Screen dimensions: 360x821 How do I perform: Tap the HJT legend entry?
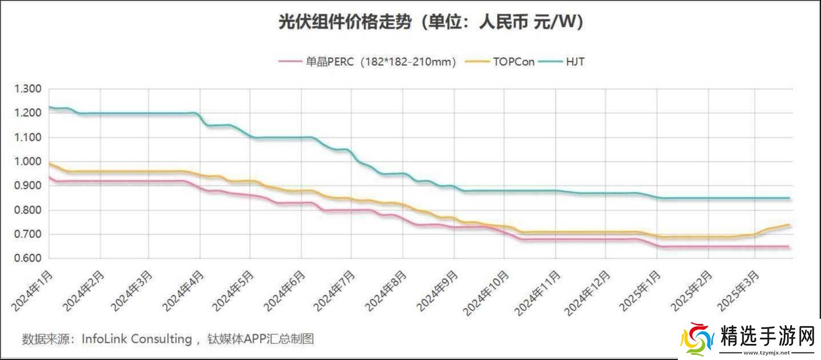(x=575, y=61)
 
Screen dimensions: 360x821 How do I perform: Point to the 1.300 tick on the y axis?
(x=28, y=89)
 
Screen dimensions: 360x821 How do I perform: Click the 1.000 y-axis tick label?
(x=28, y=161)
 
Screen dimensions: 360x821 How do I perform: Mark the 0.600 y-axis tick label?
(x=28, y=259)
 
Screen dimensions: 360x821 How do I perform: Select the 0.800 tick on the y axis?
(x=28, y=210)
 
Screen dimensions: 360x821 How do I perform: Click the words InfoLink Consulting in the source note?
(x=136, y=339)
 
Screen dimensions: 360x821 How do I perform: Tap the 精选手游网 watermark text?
(x=768, y=337)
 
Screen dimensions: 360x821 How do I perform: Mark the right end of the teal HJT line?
(x=790, y=198)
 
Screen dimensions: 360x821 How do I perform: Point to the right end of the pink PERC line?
(x=790, y=247)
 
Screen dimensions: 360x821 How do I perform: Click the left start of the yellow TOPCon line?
(x=50, y=164)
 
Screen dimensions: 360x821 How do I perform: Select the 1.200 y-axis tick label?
(x=28, y=113)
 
